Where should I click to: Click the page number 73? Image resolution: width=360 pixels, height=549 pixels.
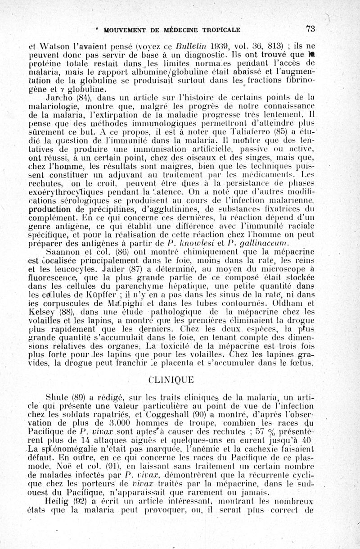(x=310, y=30)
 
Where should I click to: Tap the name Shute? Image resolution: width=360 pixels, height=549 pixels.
(x=57, y=397)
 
